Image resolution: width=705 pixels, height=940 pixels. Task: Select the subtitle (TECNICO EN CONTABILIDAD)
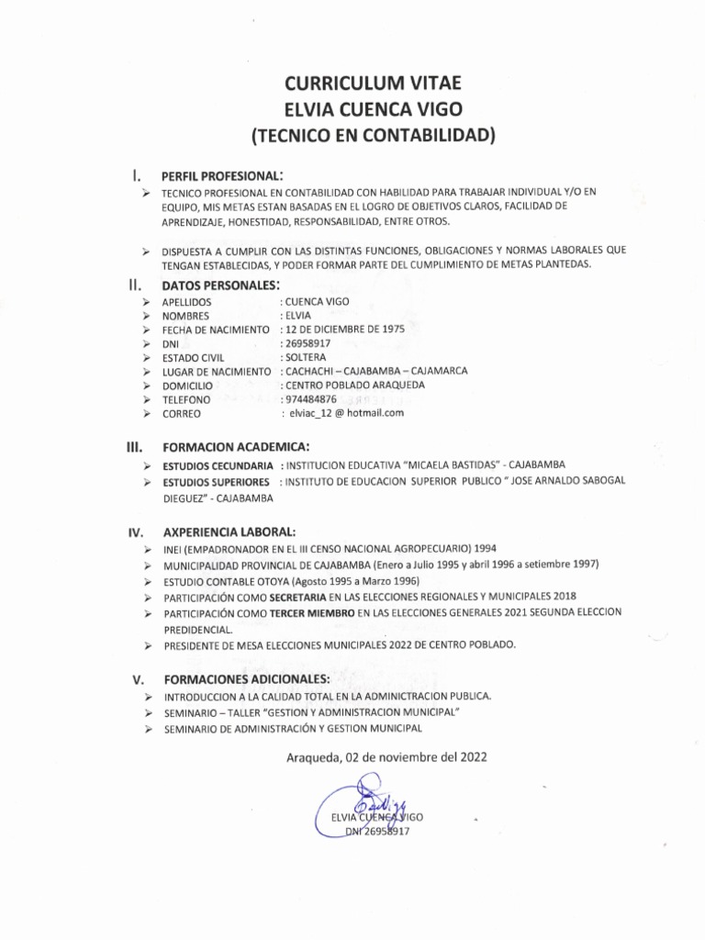click(373, 137)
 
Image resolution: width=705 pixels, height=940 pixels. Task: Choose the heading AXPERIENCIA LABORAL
click(229, 532)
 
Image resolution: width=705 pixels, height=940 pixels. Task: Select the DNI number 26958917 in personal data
click(308, 342)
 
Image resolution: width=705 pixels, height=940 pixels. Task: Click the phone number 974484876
click(311, 399)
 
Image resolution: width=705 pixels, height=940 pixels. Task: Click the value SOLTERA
click(308, 357)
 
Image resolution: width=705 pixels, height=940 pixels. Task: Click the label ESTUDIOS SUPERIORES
click(217, 481)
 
